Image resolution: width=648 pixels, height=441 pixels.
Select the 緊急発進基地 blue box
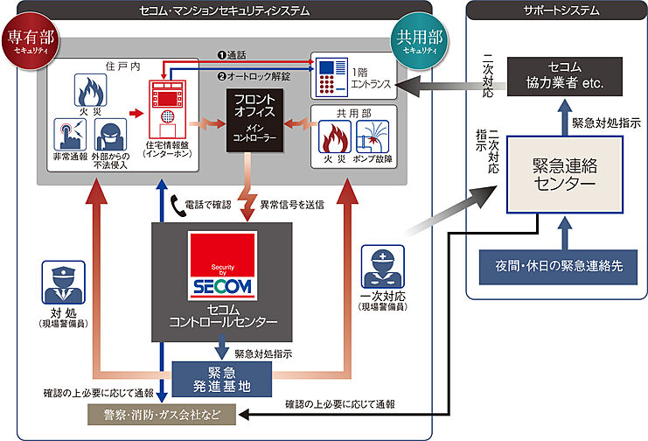click(x=222, y=380)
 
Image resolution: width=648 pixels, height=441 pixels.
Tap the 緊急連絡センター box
click(x=565, y=175)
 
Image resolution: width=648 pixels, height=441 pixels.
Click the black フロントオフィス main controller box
click(x=254, y=120)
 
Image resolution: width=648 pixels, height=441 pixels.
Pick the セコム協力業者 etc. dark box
click(x=565, y=76)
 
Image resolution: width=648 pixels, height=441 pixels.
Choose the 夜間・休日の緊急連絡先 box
click(x=558, y=267)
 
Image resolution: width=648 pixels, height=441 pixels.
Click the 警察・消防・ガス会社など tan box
click(x=162, y=415)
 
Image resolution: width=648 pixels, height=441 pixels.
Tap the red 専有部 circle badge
click(x=31, y=41)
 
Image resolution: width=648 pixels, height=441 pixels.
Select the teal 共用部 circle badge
click(x=420, y=41)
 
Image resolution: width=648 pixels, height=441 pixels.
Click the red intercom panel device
click(x=167, y=109)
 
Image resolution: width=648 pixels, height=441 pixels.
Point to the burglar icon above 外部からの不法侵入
click(x=110, y=135)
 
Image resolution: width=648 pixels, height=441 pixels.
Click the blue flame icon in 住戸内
click(x=90, y=90)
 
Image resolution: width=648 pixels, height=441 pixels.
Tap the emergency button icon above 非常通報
click(x=70, y=135)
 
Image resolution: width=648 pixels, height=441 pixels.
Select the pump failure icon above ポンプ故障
click(x=373, y=136)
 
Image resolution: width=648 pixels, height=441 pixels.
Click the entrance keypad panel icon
click(x=331, y=77)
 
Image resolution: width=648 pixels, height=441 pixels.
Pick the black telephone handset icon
click(x=178, y=206)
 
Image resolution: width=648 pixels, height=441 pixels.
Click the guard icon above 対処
click(x=64, y=282)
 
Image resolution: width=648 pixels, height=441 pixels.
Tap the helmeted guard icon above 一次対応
click(x=383, y=267)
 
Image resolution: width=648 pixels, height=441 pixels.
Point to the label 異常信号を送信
click(x=292, y=205)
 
